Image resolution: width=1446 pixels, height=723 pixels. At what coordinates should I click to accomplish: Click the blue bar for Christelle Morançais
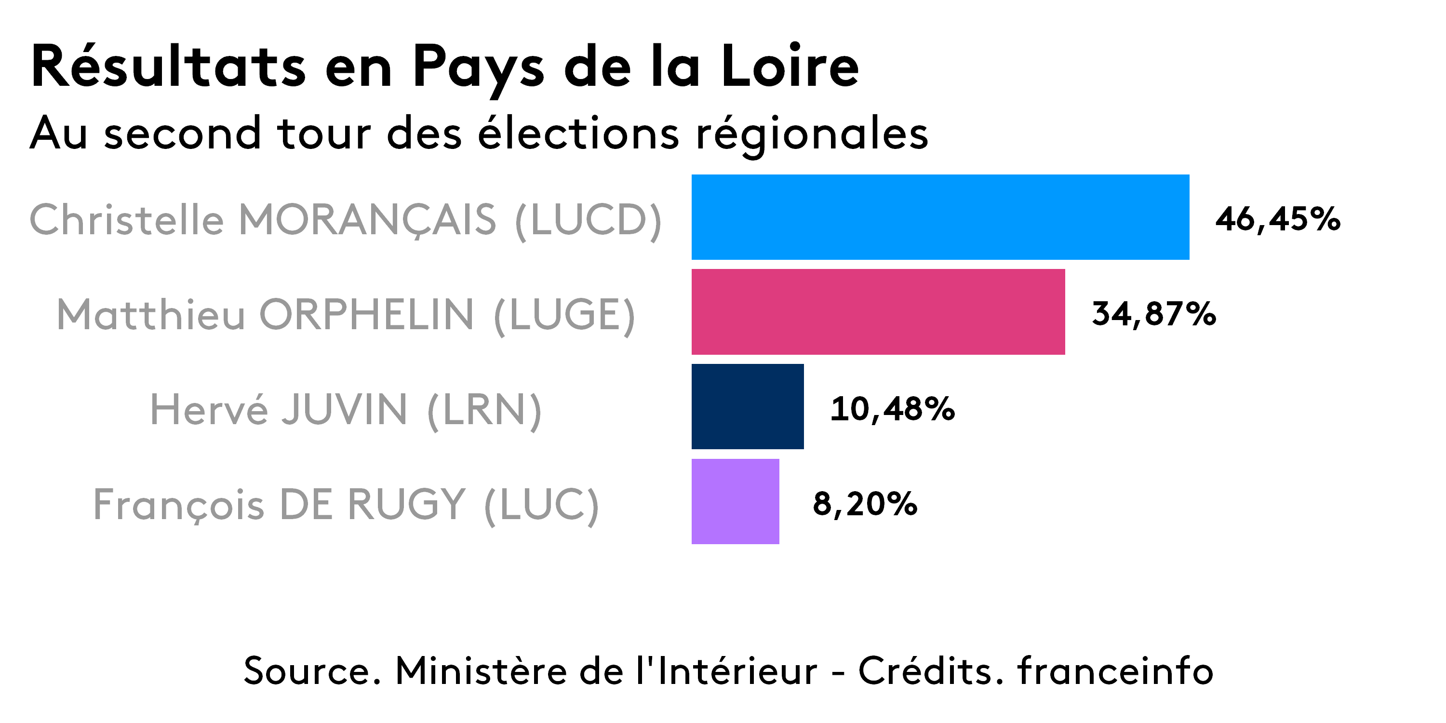[940, 217]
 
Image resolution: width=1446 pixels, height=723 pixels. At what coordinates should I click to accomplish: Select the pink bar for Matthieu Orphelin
[877, 312]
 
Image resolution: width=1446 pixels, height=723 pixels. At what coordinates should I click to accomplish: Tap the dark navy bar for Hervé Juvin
[747, 406]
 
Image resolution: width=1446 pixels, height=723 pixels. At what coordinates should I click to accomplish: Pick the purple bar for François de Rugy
[735, 501]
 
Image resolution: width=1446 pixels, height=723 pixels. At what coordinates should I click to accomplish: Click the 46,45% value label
[1277, 219]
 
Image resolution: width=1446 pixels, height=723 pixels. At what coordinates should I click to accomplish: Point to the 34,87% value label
[1153, 314]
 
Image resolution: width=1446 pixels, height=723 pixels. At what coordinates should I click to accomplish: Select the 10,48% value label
[892, 409]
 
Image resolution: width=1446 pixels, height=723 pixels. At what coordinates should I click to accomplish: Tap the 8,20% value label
[864, 504]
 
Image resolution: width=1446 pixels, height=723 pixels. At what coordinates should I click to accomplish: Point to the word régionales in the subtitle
[812, 135]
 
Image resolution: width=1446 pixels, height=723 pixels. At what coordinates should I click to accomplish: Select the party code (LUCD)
[588, 220]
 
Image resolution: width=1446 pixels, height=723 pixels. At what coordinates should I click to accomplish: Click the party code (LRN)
[484, 410]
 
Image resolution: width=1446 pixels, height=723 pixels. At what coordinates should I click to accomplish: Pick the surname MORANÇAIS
[368, 220]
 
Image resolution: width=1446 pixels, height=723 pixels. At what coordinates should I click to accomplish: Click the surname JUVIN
[344, 409]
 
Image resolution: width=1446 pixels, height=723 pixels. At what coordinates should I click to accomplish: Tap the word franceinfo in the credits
[1115, 670]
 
